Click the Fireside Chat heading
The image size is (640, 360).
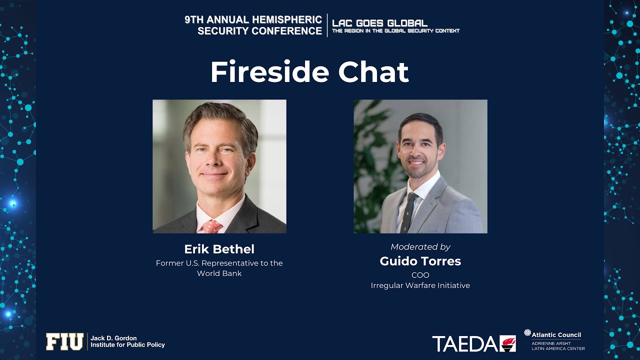pyautogui.click(x=309, y=72)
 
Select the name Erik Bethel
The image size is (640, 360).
pyautogui.click(x=219, y=249)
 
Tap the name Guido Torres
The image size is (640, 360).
pyautogui.click(x=420, y=261)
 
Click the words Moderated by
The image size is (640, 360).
pyautogui.click(x=420, y=247)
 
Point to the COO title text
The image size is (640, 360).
pyautogui.click(x=420, y=275)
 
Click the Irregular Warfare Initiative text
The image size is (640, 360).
pyautogui.click(x=420, y=285)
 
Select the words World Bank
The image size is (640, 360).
pyautogui.click(x=219, y=273)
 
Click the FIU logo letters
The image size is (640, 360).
pyautogui.click(x=64, y=342)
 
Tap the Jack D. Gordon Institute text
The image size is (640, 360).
pyautogui.click(x=127, y=341)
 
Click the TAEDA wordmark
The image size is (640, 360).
pyautogui.click(x=465, y=343)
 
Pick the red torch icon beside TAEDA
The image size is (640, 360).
pyautogui.click(x=507, y=343)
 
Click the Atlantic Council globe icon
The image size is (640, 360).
pyautogui.click(x=527, y=333)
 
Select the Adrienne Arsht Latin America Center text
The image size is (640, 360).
pyautogui.click(x=558, y=346)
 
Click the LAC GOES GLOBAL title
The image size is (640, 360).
pyautogui.click(x=379, y=23)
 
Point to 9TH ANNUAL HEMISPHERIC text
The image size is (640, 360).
pyautogui.click(x=253, y=20)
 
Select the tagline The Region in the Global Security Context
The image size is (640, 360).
pyautogui.click(x=395, y=31)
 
